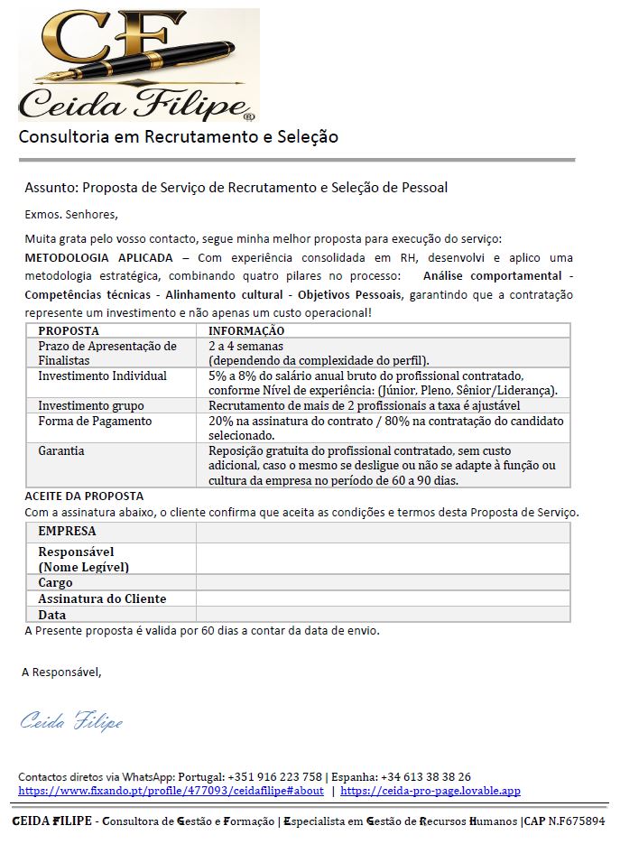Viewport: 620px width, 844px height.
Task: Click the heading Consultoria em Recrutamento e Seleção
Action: click(x=179, y=137)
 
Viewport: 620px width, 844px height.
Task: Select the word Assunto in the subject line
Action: click(x=51, y=188)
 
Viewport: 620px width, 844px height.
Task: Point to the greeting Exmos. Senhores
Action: click(x=71, y=215)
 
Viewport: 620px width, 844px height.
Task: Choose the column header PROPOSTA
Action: click(x=69, y=331)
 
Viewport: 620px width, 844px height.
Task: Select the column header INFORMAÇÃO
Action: click(x=246, y=331)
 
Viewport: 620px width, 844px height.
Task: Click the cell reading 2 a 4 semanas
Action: click(x=245, y=346)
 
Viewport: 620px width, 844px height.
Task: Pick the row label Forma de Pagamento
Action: click(x=95, y=422)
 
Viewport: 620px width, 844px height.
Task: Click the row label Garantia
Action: click(x=61, y=450)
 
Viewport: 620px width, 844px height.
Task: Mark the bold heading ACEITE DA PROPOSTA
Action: click(x=84, y=496)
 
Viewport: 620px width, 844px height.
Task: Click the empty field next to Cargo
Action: click(x=383, y=582)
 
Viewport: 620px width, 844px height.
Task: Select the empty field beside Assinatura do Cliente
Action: click(x=383, y=598)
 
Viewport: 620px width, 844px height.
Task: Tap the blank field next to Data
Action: click(x=383, y=614)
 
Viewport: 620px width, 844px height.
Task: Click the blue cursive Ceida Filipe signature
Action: click(x=71, y=721)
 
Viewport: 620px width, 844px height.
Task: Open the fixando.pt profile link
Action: click(x=171, y=791)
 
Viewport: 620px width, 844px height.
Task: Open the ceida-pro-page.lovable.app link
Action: click(x=430, y=791)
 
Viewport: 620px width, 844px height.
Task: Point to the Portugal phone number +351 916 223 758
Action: click(x=277, y=776)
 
